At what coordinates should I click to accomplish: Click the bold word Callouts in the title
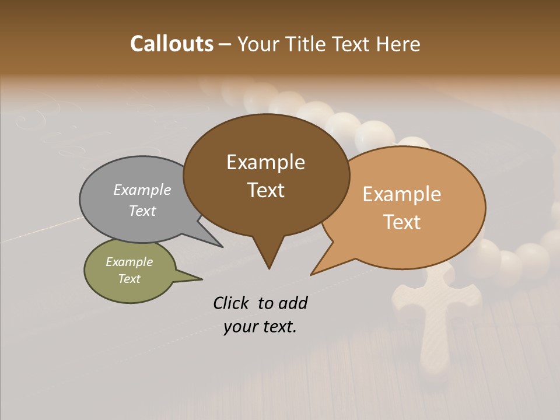171,44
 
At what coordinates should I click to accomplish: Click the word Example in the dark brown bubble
265,162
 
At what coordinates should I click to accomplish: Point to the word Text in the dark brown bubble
265,190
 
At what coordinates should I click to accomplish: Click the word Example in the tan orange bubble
402,194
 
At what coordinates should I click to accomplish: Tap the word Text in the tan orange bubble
402,222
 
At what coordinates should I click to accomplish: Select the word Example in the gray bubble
142,190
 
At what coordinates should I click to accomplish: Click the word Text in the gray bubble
142,211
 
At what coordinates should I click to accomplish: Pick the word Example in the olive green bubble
129,262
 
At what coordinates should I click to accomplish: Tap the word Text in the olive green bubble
129,279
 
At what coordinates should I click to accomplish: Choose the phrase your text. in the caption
260,327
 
